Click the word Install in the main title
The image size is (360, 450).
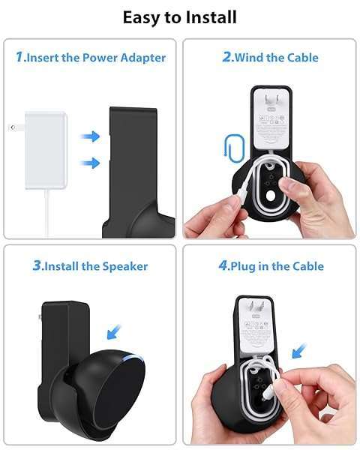click(211, 17)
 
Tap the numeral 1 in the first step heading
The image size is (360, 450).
click(19, 56)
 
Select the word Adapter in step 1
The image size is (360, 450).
click(143, 58)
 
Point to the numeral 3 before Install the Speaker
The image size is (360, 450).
click(37, 265)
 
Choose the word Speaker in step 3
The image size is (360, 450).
click(125, 266)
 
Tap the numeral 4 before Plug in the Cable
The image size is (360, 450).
click(223, 265)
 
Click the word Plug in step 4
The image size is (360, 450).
click(243, 266)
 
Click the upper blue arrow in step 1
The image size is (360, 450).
click(90, 136)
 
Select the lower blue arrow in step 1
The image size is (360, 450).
click(90, 163)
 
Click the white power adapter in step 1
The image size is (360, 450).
click(46, 150)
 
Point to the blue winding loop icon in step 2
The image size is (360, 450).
click(234, 146)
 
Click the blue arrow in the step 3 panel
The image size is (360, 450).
click(114, 332)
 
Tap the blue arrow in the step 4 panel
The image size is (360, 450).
click(299, 351)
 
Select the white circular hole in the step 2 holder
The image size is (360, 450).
click(271, 196)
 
